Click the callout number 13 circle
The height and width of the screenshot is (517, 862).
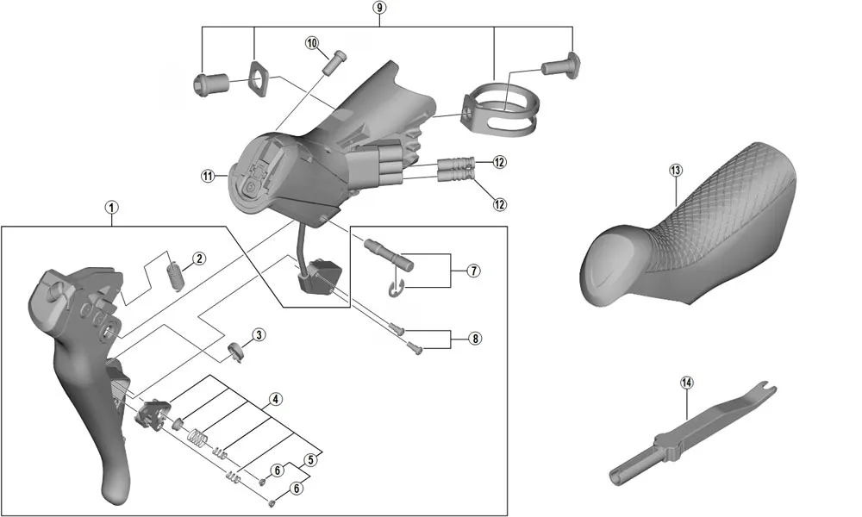coord(675,170)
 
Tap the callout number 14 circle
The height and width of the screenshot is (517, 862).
coord(686,383)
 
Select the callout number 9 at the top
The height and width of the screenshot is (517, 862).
coord(380,8)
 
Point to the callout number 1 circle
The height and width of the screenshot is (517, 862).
coord(112,207)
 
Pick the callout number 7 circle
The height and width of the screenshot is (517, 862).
coord(473,271)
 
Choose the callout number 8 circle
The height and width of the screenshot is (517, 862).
coord(475,339)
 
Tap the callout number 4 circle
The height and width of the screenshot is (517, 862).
coord(274,399)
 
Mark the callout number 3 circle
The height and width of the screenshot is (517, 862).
coord(259,334)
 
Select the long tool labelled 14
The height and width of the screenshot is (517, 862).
coord(690,431)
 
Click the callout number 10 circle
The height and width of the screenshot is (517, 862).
coord(312,42)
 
